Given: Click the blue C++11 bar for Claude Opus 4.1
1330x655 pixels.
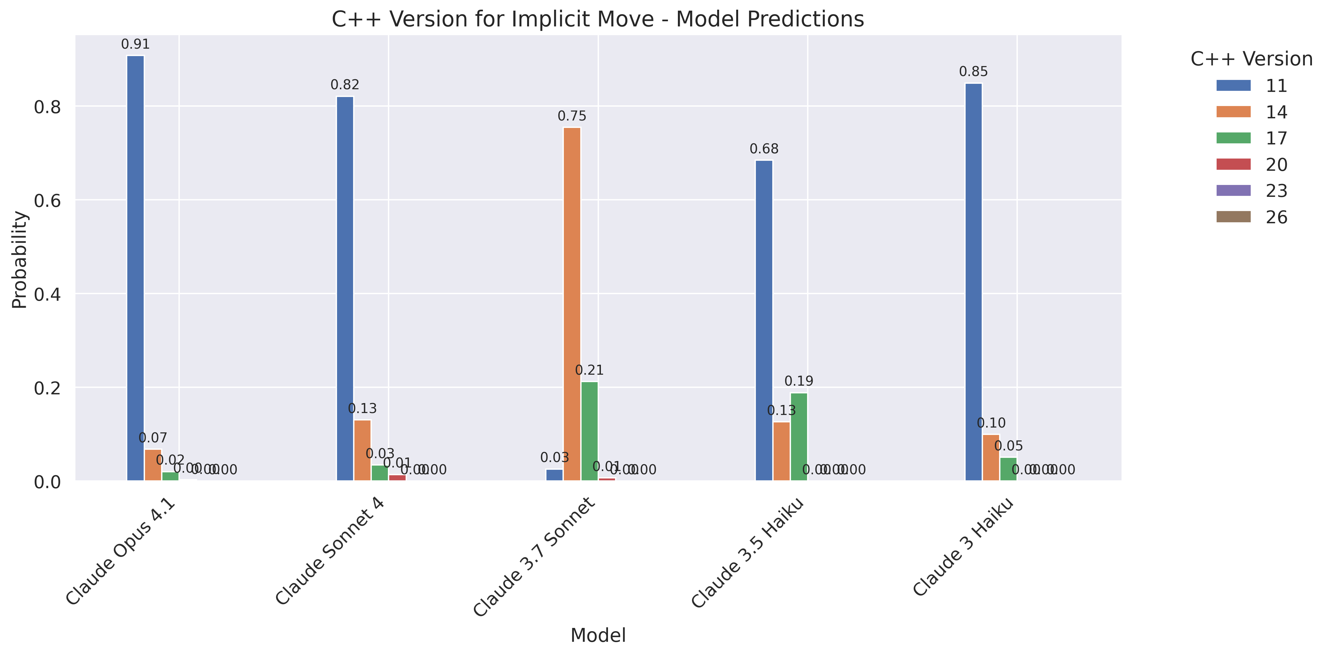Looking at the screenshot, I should pyautogui.click(x=135, y=268).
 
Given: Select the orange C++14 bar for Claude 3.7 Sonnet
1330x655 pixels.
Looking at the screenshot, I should pyautogui.click(x=572, y=304).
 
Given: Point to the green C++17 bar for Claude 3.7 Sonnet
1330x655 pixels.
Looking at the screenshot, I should pyautogui.click(x=589, y=431).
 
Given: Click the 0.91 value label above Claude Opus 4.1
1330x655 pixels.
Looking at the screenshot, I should pyautogui.click(x=135, y=44).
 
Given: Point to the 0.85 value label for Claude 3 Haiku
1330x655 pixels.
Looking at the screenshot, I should pyautogui.click(x=973, y=72).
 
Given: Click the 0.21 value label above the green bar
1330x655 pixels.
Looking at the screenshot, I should pyautogui.click(x=589, y=370).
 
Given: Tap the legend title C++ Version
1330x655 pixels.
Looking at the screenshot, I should pyautogui.click(x=1251, y=59).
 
